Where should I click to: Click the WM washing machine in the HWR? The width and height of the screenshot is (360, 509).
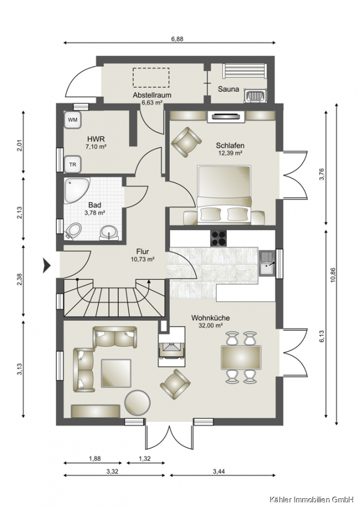point(73,120)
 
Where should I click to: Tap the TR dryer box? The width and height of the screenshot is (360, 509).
point(73,165)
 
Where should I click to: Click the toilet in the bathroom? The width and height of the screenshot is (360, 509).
point(74,231)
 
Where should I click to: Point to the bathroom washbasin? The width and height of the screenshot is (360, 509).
point(109,232)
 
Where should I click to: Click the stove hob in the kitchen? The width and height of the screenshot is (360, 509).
point(219,238)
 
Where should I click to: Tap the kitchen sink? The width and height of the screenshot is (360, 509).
point(267,264)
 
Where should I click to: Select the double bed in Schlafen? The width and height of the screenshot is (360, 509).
point(224,195)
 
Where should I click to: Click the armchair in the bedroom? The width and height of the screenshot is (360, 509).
point(186,142)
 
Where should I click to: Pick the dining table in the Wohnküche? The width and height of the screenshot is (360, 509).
point(241,357)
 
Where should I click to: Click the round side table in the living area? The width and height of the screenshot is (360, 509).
point(138,403)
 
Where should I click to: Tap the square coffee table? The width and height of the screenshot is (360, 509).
point(116,373)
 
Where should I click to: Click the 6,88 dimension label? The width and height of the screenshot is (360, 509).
point(177,39)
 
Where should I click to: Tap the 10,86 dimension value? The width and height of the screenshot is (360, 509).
point(332,275)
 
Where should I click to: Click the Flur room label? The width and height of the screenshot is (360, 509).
point(142,251)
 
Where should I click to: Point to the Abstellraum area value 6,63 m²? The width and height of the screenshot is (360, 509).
point(152,103)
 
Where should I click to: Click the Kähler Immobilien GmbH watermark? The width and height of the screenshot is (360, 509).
point(311,499)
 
